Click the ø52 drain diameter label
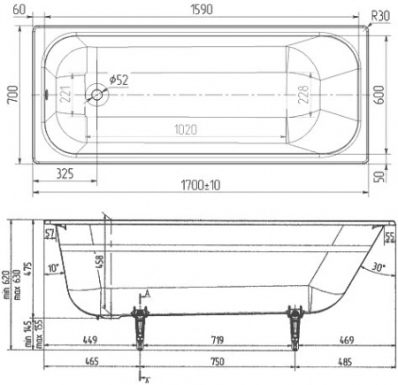click(119, 80)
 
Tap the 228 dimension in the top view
click(306, 92)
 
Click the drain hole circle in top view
click(95, 93)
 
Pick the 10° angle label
click(52, 268)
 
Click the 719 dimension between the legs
click(216, 337)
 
